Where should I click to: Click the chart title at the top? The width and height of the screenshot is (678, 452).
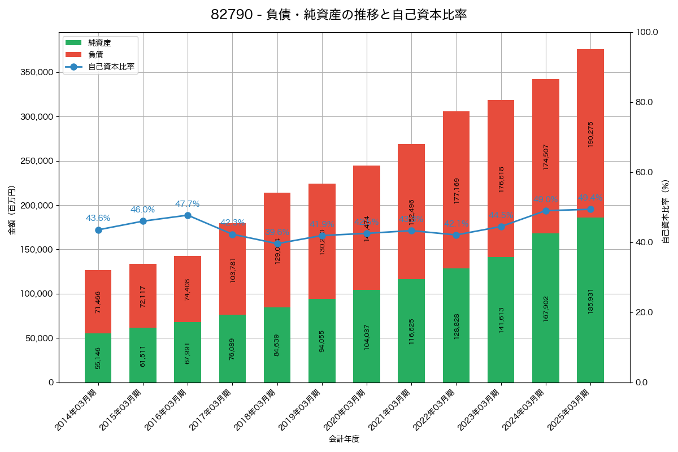tap(338, 15)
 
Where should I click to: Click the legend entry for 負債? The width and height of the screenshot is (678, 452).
tap(95, 55)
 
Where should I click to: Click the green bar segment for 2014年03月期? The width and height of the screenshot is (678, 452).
tap(98, 358)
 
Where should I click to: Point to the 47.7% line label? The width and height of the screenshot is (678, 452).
tap(187, 204)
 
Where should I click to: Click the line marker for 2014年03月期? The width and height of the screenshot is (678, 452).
tap(98, 230)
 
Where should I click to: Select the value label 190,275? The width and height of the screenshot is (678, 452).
tap(590, 134)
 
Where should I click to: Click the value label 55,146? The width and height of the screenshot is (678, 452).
tap(98, 358)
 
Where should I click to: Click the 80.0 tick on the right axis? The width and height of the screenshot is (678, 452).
tap(644, 102)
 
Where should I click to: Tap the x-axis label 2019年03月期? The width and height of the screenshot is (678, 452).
tap(301, 411)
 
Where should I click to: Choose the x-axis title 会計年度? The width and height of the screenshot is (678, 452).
tap(344, 438)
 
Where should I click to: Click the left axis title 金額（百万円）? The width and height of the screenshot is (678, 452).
tap(11, 210)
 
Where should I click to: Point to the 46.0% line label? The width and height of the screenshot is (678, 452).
tap(142, 210)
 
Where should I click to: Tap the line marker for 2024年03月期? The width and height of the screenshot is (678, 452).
tap(546, 211)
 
